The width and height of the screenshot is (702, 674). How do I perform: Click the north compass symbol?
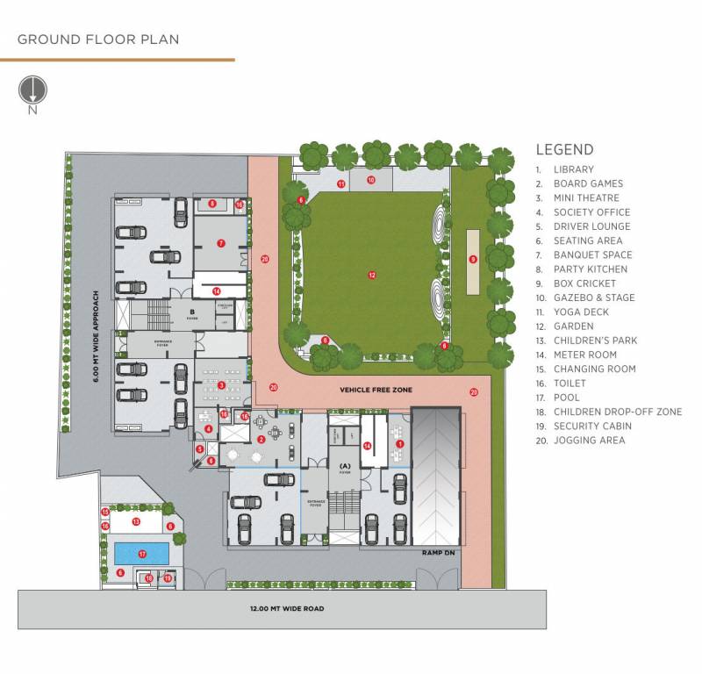click(32, 90)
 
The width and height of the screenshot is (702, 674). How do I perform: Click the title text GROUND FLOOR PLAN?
click(98, 39)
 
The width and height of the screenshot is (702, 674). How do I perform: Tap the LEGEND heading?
click(564, 150)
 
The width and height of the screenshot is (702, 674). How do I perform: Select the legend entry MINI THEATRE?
click(586, 198)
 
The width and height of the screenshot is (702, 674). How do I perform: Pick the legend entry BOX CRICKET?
click(584, 283)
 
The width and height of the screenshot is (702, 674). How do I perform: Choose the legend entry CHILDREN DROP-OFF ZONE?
click(617, 412)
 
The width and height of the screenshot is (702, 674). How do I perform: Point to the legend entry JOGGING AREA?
click(589, 441)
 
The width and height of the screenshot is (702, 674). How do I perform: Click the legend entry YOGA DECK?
click(581, 312)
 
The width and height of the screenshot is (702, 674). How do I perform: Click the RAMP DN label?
click(436, 555)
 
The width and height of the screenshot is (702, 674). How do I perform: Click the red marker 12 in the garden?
click(372, 276)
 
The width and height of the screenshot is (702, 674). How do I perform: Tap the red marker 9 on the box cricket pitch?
click(473, 259)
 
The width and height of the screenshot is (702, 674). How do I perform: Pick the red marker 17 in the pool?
click(141, 554)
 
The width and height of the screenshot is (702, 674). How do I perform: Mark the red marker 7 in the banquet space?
click(221, 243)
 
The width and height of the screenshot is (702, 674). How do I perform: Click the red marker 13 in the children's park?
click(136, 521)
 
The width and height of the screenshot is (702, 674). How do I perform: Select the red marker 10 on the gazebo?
click(371, 180)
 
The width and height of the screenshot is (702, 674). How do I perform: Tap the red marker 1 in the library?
click(400, 444)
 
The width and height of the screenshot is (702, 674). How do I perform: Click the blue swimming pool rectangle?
click(141, 554)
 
